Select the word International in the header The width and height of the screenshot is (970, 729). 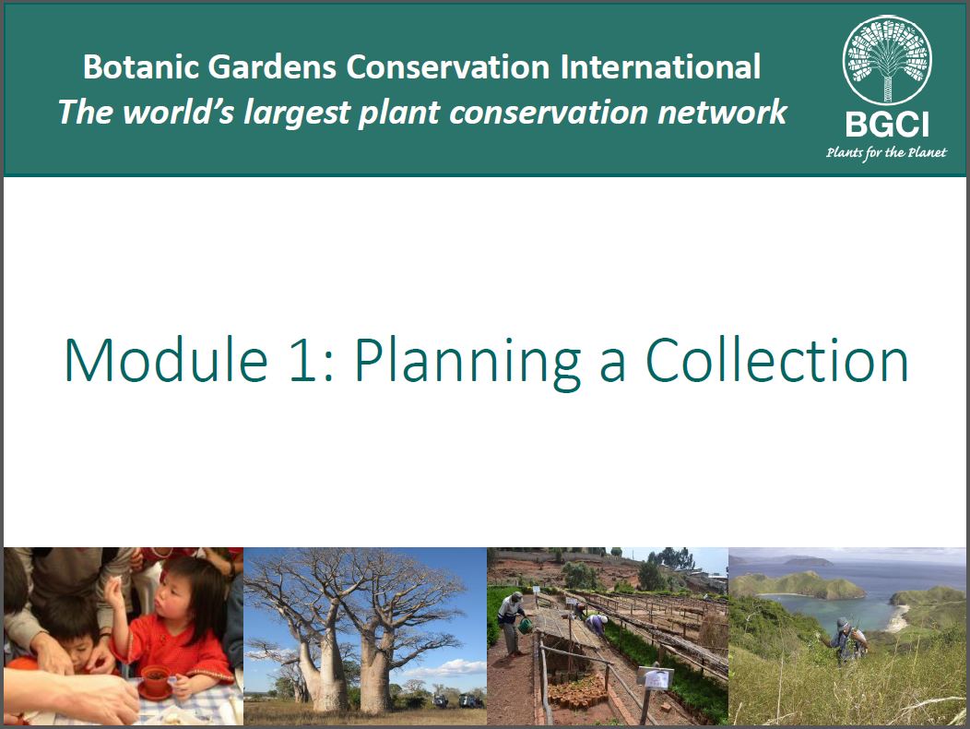(660, 66)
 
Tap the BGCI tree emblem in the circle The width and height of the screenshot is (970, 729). (888, 60)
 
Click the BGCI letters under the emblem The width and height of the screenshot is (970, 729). (887, 125)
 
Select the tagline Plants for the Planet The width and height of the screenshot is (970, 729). (886, 153)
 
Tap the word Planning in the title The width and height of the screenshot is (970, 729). (467, 363)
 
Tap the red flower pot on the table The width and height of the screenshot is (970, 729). (155, 680)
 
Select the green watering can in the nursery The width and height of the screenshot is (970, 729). (526, 626)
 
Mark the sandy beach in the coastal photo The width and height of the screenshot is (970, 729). (896, 619)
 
